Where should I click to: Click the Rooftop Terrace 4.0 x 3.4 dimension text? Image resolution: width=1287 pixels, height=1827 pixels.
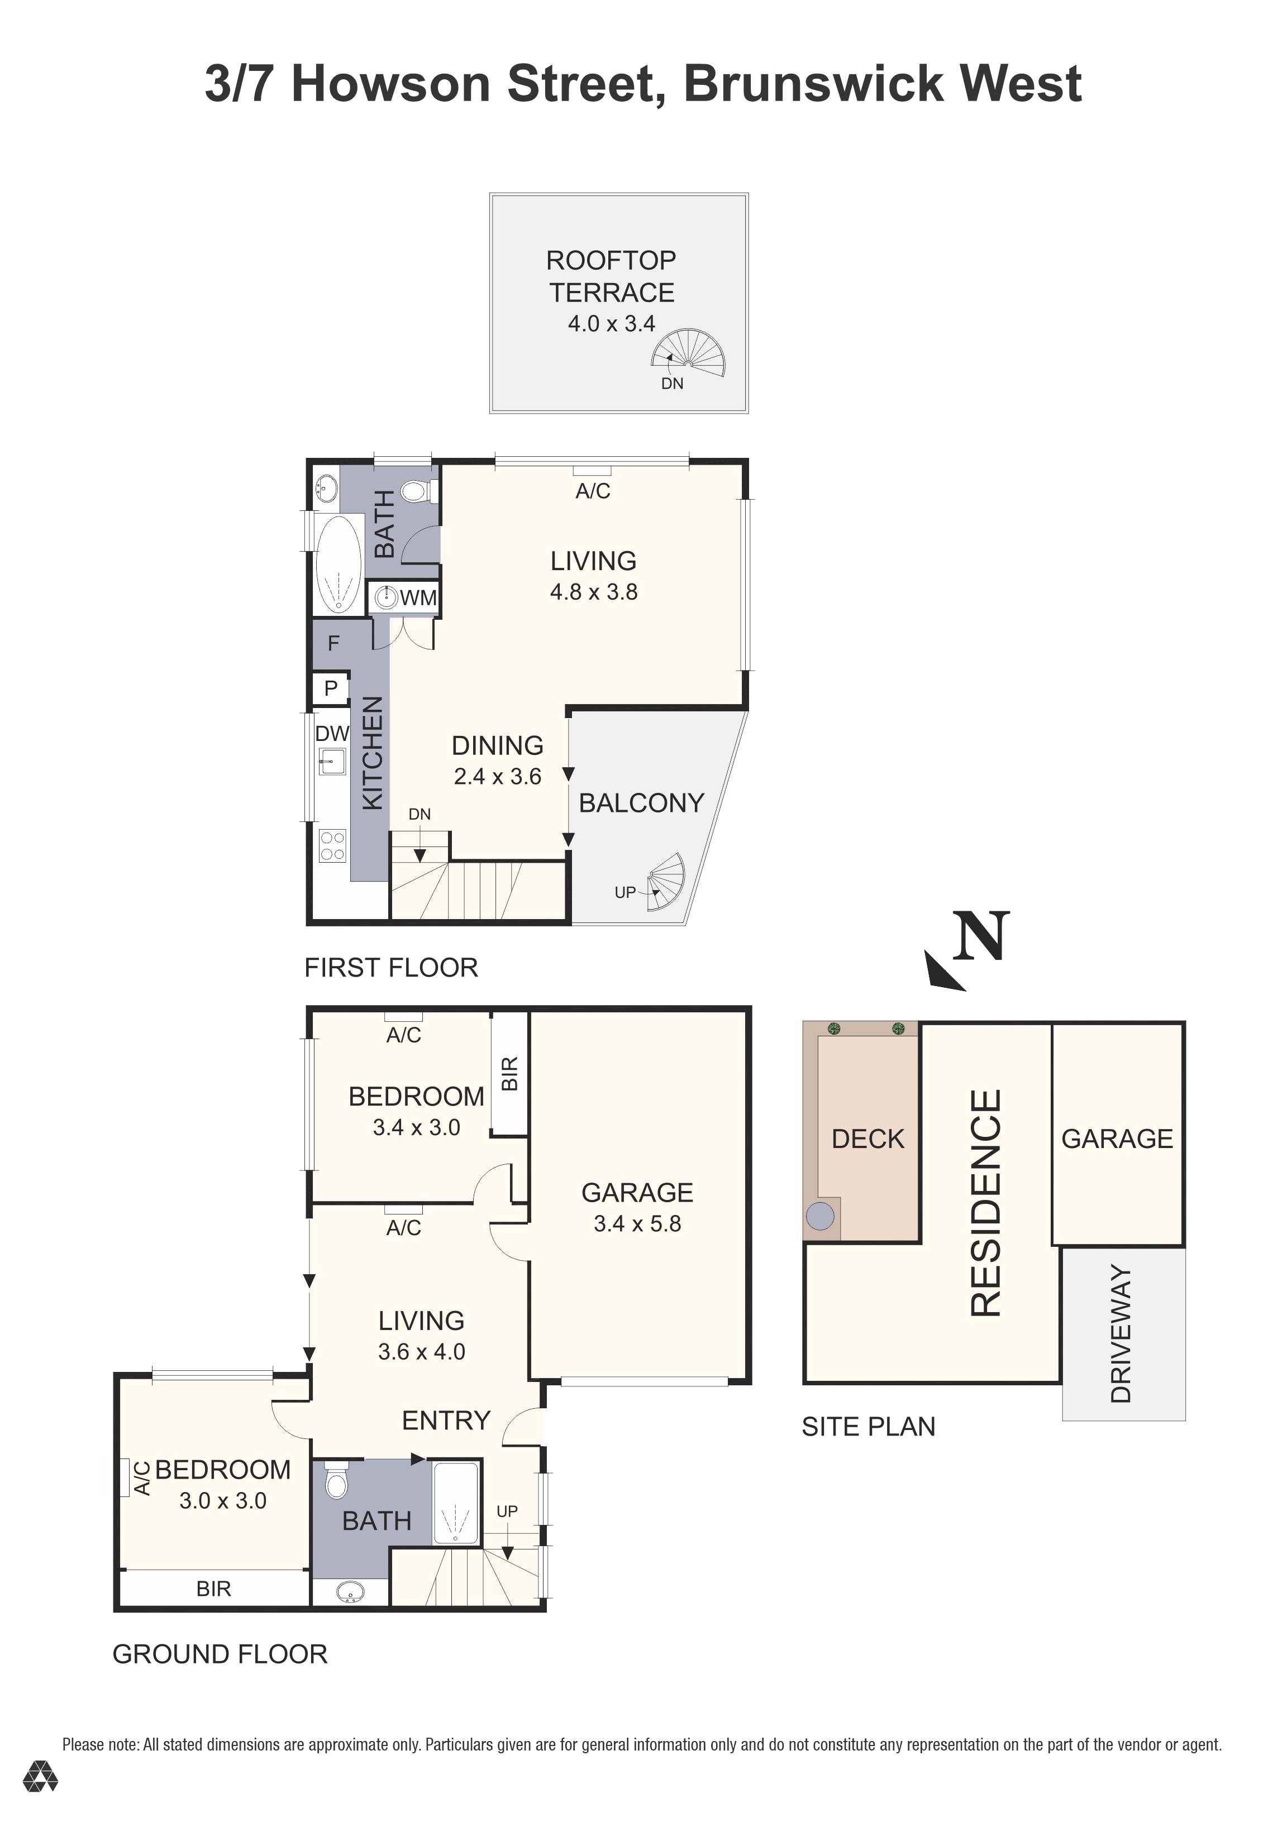(x=611, y=324)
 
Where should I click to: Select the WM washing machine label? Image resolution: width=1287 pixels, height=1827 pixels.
(x=418, y=597)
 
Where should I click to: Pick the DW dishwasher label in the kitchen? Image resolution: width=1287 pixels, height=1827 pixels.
(x=331, y=733)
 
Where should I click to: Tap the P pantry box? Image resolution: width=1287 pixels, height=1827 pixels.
(x=330, y=688)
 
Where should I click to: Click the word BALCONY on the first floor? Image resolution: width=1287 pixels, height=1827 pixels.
(x=641, y=803)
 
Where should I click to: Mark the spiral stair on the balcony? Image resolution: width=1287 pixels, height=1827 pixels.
(x=665, y=881)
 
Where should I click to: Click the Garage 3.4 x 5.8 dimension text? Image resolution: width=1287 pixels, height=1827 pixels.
(x=637, y=1224)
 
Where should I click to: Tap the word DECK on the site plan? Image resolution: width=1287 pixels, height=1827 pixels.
(x=867, y=1140)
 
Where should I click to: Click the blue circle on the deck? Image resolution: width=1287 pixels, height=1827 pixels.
(x=820, y=1216)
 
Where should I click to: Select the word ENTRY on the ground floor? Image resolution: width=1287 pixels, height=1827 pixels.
(x=446, y=1421)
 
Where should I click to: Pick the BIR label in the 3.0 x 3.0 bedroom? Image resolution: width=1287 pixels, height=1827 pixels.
(x=213, y=1589)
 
